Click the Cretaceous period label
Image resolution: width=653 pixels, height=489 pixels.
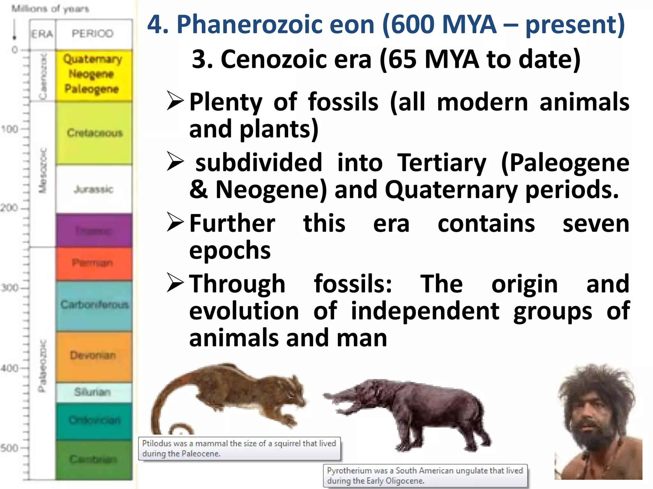point(95,133)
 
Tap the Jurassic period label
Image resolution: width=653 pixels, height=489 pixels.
point(93,189)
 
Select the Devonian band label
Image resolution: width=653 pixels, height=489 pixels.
point(93,355)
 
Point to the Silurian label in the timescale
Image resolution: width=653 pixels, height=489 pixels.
point(92,392)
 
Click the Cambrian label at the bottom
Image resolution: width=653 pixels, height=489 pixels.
point(93,459)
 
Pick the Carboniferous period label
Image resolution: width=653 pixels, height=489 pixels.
point(94,305)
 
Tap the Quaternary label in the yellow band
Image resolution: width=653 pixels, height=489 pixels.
point(92,59)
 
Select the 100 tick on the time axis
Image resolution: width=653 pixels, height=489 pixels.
point(10,129)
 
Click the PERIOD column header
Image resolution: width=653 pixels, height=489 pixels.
point(92,33)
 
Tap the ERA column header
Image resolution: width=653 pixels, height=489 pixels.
point(42,34)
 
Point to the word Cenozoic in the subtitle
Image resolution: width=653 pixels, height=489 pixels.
point(296,59)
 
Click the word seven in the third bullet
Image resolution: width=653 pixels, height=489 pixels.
point(596,224)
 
